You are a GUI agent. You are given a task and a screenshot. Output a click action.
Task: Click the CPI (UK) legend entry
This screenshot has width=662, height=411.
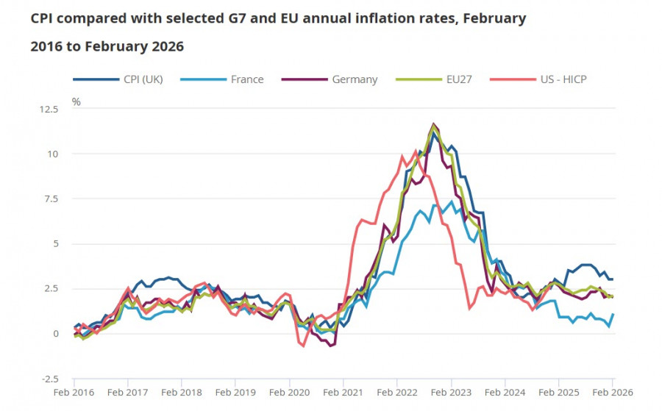coord(140,79)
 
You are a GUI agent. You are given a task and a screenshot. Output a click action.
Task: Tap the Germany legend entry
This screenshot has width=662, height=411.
coord(355,79)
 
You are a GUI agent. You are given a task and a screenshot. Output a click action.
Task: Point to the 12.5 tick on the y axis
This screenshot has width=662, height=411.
coord(48,110)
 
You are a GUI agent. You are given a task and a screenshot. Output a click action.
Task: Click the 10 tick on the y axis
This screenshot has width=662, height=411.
coord(51,154)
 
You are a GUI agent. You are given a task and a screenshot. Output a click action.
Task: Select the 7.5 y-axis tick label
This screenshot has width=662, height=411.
coord(49,199)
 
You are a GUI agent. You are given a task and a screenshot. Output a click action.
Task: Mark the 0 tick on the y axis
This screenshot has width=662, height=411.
coord(53,334)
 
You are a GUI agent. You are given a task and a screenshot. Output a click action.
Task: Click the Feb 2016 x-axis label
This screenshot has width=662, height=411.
coord(74,393)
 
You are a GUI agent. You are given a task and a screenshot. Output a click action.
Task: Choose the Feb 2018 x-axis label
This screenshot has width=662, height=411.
coord(181,393)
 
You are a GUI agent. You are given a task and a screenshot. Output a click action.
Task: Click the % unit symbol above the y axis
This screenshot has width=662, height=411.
coord(76,101)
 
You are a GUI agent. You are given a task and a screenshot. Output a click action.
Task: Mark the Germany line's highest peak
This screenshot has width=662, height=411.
coord(434,124)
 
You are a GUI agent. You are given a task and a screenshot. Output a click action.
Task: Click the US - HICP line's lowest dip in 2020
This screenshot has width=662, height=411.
coord(303,346)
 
